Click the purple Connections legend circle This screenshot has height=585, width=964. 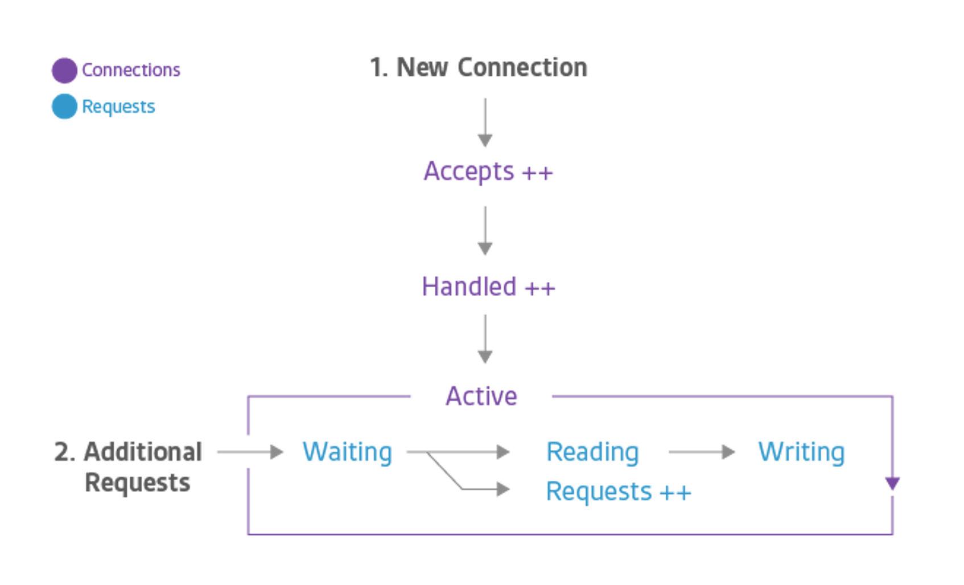(64, 70)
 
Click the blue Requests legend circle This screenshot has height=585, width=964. (64, 107)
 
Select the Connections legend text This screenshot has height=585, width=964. (131, 69)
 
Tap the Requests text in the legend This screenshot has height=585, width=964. (118, 107)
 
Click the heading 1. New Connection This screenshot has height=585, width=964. (479, 67)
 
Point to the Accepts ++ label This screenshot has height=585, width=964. (488, 171)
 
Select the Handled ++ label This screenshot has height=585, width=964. (488, 286)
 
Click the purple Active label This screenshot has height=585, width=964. (481, 396)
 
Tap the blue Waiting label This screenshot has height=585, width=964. (347, 452)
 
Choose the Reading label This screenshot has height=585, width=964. (592, 452)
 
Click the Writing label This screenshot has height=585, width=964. (801, 452)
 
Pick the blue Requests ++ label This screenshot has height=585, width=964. (619, 491)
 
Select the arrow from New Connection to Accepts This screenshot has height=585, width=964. (485, 122)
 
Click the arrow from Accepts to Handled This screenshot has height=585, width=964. (485, 231)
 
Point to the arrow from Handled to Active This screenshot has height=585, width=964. (485, 339)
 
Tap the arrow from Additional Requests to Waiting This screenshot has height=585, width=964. (250, 452)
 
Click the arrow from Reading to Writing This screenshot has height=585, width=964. (703, 452)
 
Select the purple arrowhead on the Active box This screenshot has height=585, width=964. (892, 484)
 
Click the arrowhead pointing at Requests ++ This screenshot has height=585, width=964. (503, 489)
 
